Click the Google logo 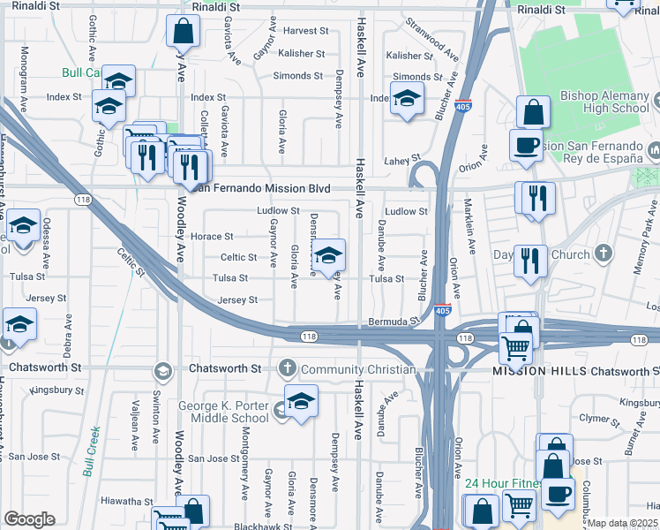29,519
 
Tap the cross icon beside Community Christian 287,368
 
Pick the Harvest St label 305,31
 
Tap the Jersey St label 237,300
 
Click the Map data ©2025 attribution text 622,523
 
